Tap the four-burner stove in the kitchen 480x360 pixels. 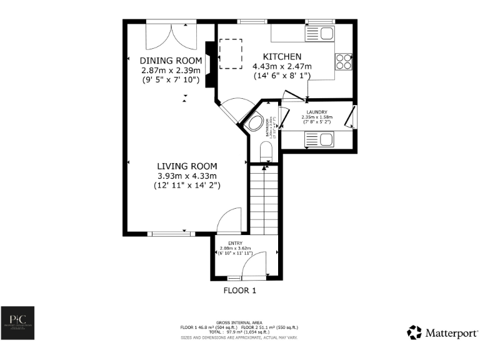pos(344,61)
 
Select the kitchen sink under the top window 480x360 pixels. pos(319,32)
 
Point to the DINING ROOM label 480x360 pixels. pos(171,61)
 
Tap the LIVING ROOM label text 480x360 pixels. pos(187,166)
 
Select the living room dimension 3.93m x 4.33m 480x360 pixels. pos(187,176)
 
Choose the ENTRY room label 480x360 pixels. pos(235,242)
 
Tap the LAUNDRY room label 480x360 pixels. pos(317,112)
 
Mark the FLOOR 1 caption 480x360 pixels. pos(240,291)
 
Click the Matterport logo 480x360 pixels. pos(442,332)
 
